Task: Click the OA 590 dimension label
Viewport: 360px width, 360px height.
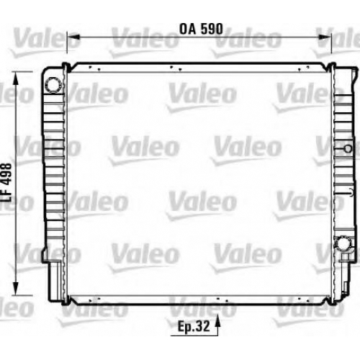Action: tap(201, 29)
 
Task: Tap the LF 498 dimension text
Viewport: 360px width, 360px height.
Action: tap(6, 183)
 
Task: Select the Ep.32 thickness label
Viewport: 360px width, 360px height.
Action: tap(194, 326)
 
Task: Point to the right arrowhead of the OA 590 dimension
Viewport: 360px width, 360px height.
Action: tap(325, 37)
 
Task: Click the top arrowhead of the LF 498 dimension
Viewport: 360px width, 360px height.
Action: tap(16, 78)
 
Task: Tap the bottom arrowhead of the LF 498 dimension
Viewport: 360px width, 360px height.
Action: tap(16, 289)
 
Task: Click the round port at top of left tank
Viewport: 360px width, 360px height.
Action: tap(53, 84)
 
